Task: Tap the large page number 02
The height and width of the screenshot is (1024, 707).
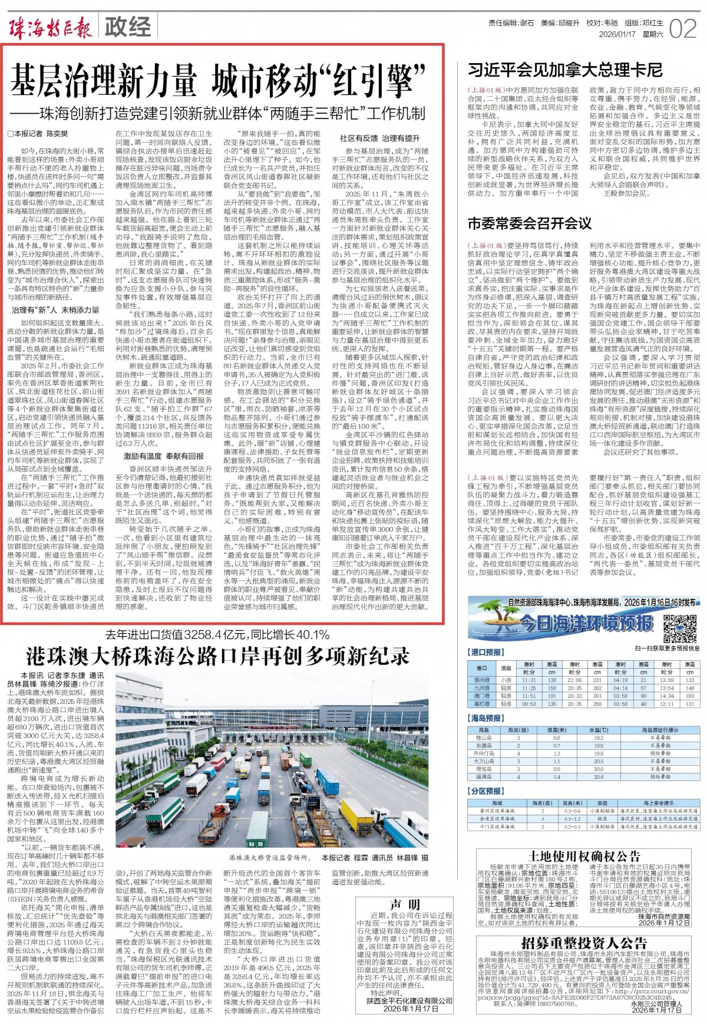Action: point(683,28)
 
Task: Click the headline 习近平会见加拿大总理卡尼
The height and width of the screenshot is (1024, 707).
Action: point(564,70)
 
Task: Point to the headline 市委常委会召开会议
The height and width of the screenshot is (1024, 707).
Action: point(529,223)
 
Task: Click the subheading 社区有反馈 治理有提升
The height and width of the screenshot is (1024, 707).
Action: point(379,138)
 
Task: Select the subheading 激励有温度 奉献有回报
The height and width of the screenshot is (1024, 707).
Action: point(163,456)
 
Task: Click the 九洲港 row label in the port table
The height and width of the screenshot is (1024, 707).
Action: point(481,688)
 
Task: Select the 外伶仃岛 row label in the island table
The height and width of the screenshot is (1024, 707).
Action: point(484,753)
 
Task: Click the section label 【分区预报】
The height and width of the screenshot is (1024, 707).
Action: point(487,791)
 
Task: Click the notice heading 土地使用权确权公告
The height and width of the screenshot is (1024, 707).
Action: point(584,856)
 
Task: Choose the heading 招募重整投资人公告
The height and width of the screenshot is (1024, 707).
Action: point(584,943)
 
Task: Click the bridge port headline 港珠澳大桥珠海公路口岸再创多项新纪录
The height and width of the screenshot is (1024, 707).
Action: point(217,656)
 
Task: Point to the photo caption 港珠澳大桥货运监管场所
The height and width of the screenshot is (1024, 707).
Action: point(269,858)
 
